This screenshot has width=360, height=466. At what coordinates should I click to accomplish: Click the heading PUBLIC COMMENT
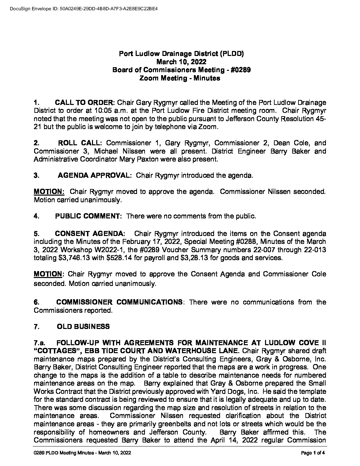coord(88,216)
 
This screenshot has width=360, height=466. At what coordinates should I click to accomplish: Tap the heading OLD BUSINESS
coord(83,327)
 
